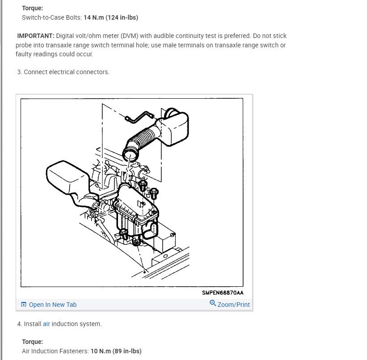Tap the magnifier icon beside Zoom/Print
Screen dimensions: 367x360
(x=213, y=303)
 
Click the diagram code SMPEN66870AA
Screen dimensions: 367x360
(x=223, y=293)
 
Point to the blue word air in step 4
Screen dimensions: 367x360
(x=46, y=324)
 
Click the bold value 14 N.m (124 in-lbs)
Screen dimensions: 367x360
(x=111, y=17)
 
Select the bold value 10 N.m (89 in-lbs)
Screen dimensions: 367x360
(x=116, y=351)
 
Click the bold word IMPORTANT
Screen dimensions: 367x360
(x=36, y=36)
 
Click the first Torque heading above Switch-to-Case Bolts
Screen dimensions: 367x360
(x=33, y=8)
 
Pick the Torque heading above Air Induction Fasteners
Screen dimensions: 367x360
(x=33, y=342)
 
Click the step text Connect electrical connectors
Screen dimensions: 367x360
(x=67, y=72)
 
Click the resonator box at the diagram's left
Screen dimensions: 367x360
(x=66, y=177)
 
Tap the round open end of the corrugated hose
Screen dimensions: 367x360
(x=131, y=155)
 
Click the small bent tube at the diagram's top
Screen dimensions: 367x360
(x=140, y=117)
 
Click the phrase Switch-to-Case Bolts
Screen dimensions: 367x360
(x=51, y=17)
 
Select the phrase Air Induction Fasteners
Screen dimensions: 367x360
(x=55, y=351)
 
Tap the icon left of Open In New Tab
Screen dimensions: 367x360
(x=24, y=304)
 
